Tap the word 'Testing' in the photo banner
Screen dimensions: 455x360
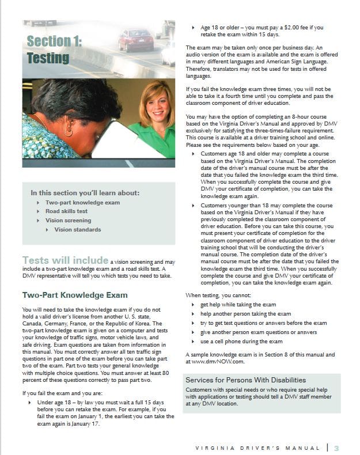coord(48,58)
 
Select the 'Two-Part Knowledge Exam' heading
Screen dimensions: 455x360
coord(75,295)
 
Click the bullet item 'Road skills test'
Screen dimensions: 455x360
coord(66,211)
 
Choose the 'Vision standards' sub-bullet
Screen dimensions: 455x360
coord(77,230)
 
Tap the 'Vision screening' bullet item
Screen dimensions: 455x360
coord(68,221)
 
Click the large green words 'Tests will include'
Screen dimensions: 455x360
coord(65,260)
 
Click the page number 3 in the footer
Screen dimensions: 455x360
coord(336,448)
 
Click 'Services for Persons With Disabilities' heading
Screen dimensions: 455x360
coord(245,380)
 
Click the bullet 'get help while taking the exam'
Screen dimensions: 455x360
coord(238,304)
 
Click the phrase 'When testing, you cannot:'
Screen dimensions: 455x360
coord(219,295)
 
